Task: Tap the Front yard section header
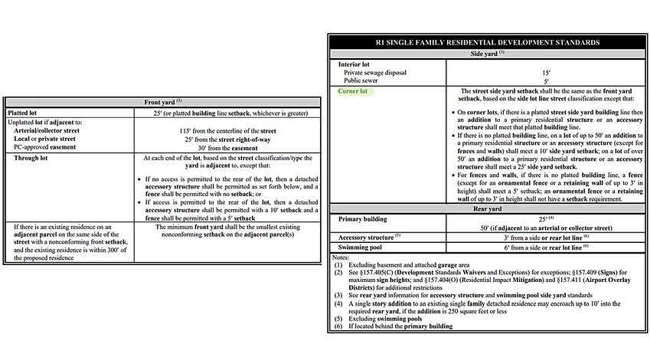[162, 102]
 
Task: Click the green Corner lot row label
[353, 91]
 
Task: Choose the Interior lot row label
[354, 64]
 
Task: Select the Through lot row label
[33, 159]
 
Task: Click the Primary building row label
[364, 219]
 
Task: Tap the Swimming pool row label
[361, 248]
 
